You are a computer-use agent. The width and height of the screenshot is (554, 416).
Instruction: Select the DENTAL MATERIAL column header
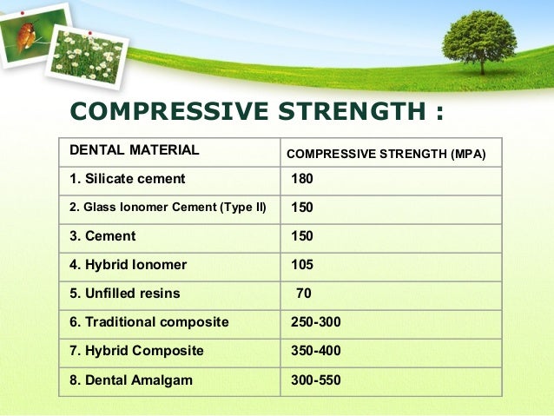[134, 150]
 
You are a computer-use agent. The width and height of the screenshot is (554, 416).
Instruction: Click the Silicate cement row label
[128, 179]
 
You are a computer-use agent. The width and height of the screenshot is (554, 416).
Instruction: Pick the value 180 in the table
[302, 179]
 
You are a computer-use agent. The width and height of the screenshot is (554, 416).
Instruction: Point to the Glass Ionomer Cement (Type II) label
[168, 208]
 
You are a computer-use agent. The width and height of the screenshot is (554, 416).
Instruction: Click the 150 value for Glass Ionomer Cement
[302, 208]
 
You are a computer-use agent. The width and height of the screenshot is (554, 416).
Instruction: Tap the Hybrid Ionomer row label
[128, 265]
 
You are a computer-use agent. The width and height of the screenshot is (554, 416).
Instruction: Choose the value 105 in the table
[302, 265]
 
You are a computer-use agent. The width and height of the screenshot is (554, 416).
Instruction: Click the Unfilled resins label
[125, 294]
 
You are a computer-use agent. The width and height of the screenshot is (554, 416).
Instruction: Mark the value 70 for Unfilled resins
[304, 294]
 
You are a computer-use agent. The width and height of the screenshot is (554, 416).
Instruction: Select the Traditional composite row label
[149, 322]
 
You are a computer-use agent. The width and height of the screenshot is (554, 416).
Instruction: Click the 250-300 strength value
[316, 322]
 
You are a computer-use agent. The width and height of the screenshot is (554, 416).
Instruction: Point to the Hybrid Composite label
[136, 351]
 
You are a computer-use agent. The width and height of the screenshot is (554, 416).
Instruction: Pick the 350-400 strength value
[316, 351]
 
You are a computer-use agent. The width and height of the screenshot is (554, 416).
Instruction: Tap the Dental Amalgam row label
[131, 380]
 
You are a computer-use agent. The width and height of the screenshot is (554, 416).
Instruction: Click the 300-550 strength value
[316, 380]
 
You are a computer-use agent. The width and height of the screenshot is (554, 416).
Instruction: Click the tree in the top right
[478, 39]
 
